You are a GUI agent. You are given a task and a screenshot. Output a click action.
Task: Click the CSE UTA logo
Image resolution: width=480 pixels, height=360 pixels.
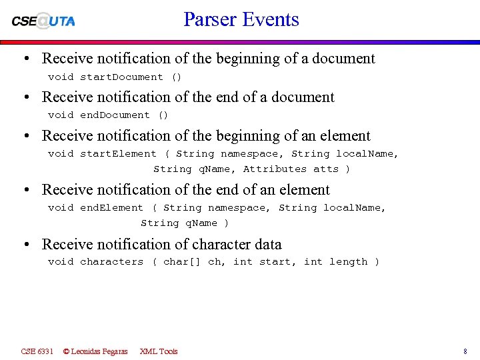point(43,21)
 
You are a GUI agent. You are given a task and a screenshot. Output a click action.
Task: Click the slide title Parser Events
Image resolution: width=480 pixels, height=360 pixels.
point(241,19)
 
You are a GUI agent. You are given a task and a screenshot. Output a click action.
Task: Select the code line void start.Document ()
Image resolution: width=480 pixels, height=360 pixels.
point(115,77)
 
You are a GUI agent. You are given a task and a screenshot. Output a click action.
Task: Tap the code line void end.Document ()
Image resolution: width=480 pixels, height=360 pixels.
point(108,115)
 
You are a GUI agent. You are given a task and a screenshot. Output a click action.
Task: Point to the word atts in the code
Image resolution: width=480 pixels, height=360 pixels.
point(326,169)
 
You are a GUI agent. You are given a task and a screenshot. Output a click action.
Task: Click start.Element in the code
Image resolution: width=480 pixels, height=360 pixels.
point(118,154)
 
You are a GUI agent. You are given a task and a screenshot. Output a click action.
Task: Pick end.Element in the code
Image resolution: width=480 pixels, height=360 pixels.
point(111,208)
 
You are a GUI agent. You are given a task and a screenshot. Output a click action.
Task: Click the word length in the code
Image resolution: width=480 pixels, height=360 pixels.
point(348,262)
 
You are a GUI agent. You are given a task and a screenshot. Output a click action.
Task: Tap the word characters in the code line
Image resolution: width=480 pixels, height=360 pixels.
point(111,262)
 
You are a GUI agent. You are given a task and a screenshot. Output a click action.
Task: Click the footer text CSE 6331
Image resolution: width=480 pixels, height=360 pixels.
point(37,351)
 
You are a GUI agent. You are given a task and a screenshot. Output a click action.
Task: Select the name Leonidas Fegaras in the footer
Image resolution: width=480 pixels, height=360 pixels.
point(100,351)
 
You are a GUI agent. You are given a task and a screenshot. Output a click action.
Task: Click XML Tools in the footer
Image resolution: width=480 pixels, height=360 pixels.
point(159,351)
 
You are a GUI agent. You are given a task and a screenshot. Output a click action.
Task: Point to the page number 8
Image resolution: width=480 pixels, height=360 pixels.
point(465,351)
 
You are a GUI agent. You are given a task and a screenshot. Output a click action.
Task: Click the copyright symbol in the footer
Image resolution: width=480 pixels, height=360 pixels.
point(67,351)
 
